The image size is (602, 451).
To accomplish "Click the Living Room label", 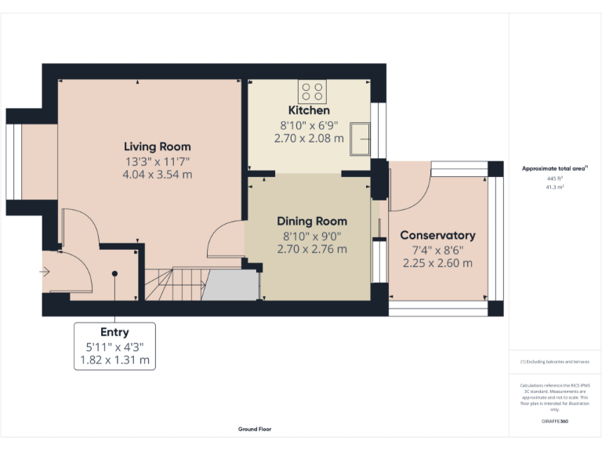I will tap(157, 146).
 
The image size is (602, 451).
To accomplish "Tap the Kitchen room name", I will tap(309, 110).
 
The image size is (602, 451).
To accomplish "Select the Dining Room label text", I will tap(312, 221).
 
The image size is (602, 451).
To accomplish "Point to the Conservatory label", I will tap(437, 235).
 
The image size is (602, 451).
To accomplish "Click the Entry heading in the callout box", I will tap(114, 333).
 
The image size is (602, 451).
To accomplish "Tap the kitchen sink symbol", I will tap(363, 139).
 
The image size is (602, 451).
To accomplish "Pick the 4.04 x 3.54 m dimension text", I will tap(157, 175).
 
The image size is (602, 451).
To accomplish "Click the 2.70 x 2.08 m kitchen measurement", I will tap(309, 139).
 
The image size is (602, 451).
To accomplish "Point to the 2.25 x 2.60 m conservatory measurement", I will tap(437, 263).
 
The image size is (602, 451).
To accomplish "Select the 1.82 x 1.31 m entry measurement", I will tap(114, 361).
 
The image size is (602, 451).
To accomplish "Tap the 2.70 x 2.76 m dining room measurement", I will tap(312, 249).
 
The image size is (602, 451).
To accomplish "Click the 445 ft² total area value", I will tap(555, 179).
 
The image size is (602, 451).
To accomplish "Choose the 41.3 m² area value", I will tap(555, 188).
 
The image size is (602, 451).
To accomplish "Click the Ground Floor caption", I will tap(255, 429).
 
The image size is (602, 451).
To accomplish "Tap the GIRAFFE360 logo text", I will tap(555, 422).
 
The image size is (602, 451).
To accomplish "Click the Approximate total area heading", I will tap(554, 168).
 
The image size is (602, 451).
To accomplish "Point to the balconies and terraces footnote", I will tap(554, 362).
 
